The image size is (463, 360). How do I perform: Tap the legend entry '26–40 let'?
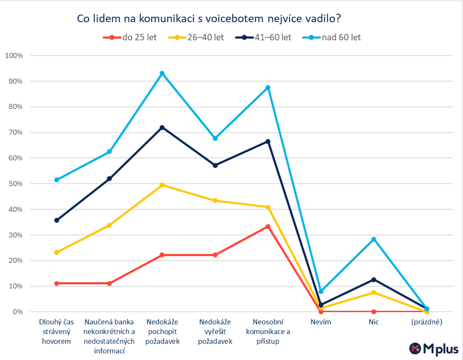[196, 38]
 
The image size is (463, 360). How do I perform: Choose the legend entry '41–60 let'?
[263, 38]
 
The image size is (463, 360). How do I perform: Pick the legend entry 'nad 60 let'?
[332, 38]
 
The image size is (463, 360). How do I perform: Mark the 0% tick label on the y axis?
[17, 312]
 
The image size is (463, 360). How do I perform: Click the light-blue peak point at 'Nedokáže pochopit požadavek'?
[162, 73]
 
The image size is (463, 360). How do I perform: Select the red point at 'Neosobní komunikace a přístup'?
[268, 227]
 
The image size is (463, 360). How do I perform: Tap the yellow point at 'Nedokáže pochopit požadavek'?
[162, 185]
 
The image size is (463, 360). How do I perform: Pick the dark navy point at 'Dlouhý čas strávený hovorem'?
[56, 220]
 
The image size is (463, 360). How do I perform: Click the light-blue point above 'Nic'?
[374, 240]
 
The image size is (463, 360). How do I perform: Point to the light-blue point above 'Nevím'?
[321, 291]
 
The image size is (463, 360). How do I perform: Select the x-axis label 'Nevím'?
[321, 322]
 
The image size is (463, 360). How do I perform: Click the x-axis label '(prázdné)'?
[426, 322]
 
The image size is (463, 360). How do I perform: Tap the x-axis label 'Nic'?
[374, 322]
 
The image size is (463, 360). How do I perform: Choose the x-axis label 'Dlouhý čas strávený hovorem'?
[56, 332]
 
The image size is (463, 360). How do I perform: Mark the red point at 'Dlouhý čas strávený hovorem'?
[56, 283]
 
